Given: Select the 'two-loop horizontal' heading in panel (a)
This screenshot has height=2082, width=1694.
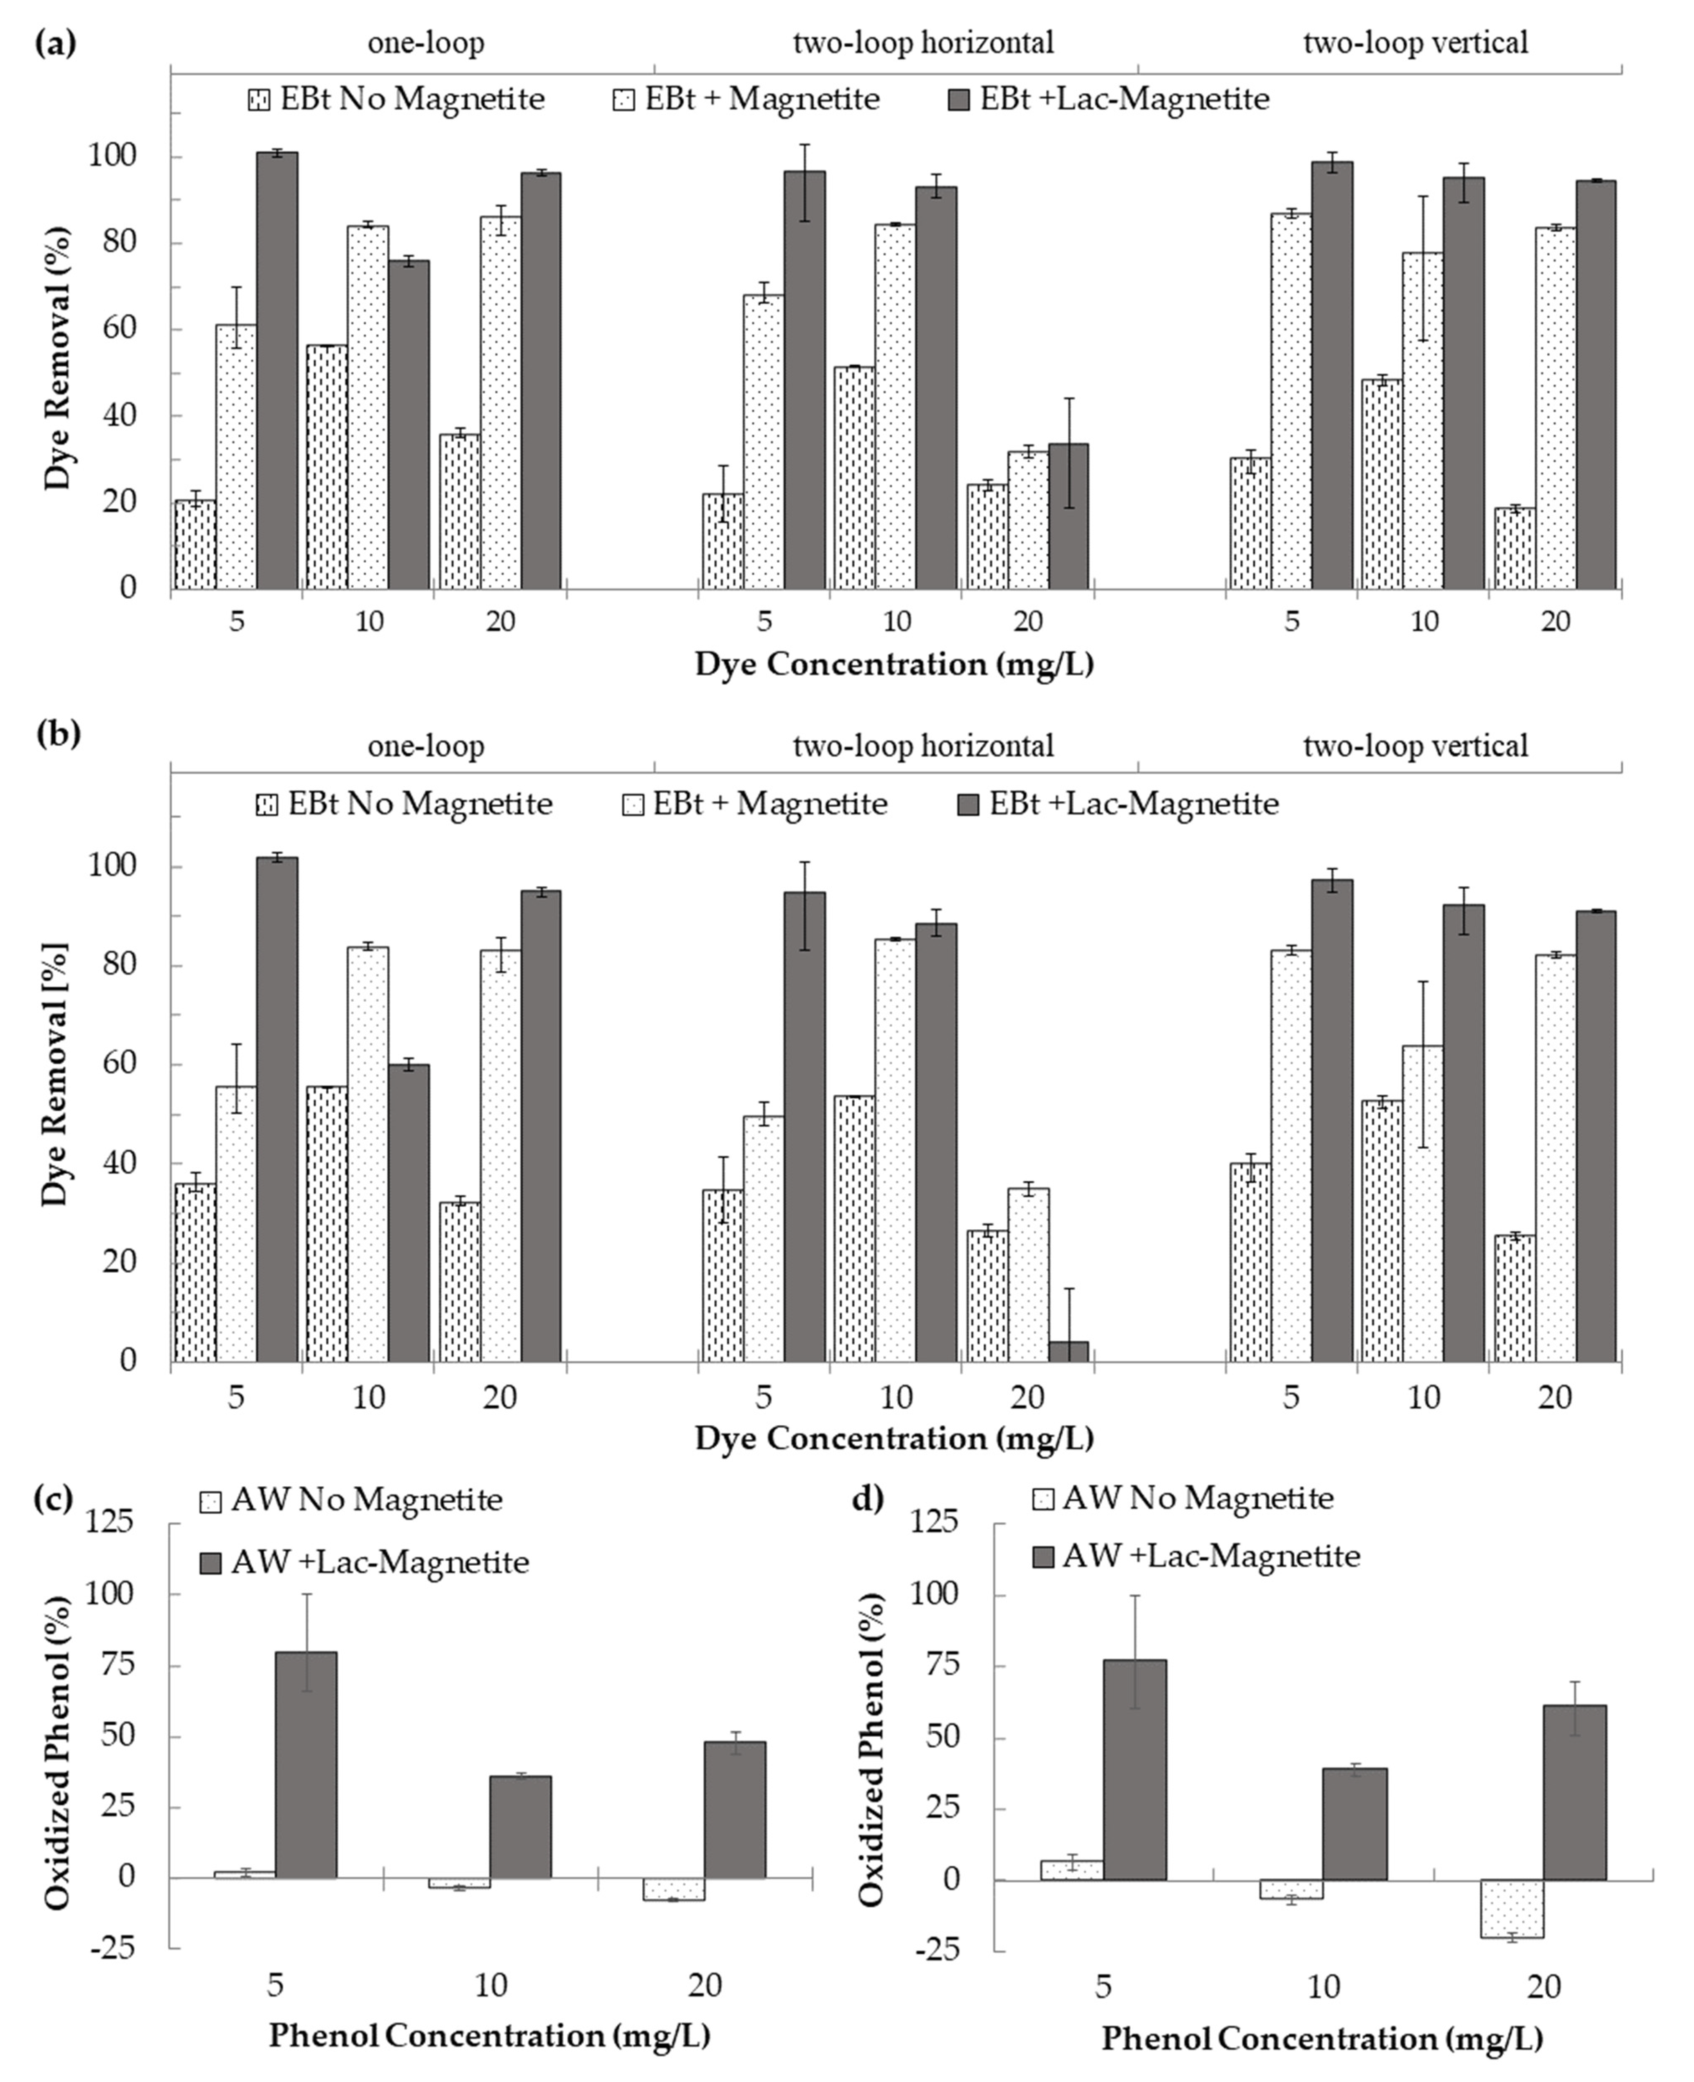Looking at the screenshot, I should (923, 43).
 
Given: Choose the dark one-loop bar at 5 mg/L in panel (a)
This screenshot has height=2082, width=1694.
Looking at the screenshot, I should (277, 371).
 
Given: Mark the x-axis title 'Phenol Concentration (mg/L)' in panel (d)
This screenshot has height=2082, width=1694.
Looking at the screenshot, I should (1322, 2039).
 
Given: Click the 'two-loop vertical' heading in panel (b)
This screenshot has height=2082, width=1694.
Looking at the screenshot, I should (1415, 747).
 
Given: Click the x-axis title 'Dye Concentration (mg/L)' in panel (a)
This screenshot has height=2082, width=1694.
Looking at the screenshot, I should (894, 665).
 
